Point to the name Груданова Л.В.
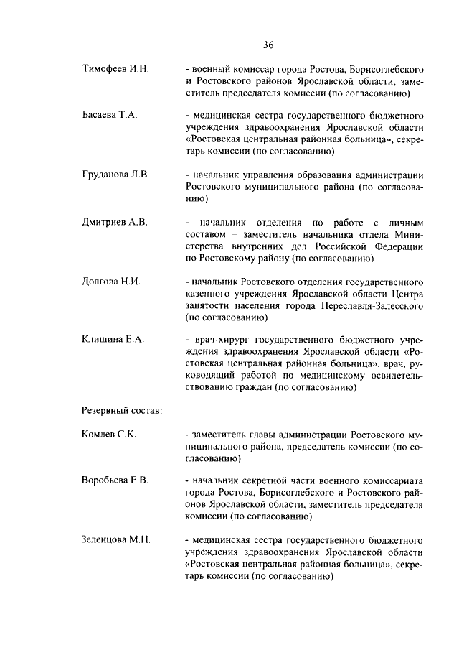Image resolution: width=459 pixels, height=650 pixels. (x=116, y=175)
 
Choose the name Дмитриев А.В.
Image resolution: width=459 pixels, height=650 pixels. (x=115, y=222)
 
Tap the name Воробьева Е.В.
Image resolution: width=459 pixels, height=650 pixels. (x=115, y=480)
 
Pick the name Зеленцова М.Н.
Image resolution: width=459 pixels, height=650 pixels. (x=116, y=539)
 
